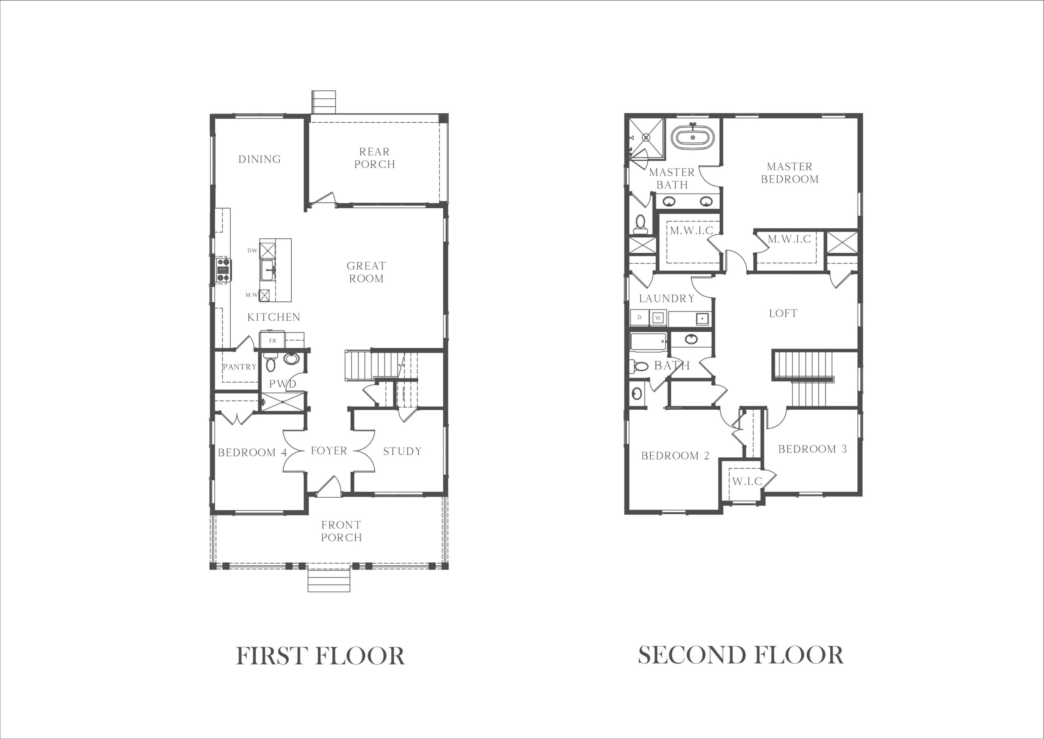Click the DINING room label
click(259, 159)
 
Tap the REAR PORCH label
click(374, 158)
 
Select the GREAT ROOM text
click(366, 272)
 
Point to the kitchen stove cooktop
click(223, 270)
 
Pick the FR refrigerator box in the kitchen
click(272, 340)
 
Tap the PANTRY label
click(239, 367)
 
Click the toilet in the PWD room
click(270, 362)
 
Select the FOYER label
click(329, 451)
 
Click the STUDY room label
click(402, 451)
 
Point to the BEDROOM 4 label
click(252, 453)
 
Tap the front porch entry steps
click(329, 578)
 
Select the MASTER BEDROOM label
click(790, 173)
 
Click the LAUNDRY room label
click(666, 298)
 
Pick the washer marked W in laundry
click(657, 318)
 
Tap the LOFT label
click(783, 313)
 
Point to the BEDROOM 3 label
click(812, 449)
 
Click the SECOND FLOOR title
click(740, 655)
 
